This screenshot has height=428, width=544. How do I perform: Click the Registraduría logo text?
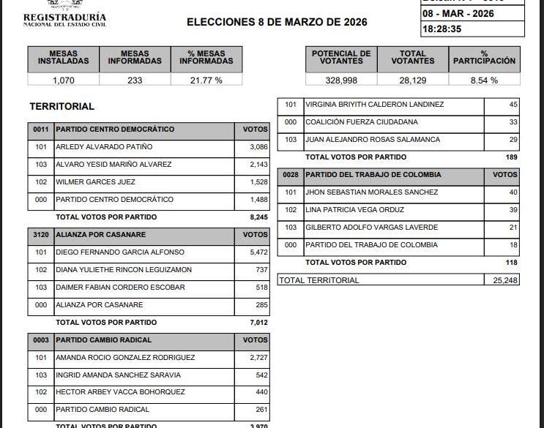[64, 18]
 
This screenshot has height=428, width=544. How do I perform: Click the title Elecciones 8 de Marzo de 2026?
[277, 22]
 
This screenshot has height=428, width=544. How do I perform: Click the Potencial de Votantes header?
[341, 58]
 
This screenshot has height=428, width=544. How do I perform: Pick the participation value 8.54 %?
[483, 80]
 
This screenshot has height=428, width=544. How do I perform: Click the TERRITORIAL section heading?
[62, 106]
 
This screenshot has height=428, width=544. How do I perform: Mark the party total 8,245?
[258, 217]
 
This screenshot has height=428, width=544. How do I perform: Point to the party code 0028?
[291, 175]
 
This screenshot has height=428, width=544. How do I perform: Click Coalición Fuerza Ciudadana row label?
[361, 122]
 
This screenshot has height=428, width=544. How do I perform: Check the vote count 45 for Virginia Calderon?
[513, 105]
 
